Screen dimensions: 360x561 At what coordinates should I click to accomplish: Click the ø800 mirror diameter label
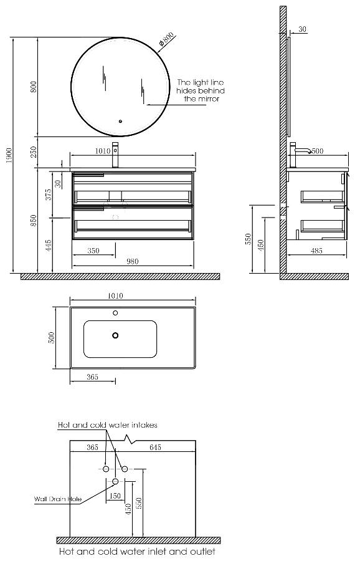(166, 39)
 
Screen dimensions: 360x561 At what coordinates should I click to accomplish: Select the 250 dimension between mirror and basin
(34, 152)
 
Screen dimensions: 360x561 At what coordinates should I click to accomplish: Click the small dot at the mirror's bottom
(120, 121)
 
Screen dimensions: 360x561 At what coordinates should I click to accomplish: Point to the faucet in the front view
(115, 155)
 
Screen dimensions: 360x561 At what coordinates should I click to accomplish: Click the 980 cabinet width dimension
(133, 262)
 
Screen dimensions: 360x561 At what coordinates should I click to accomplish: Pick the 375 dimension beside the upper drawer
(49, 194)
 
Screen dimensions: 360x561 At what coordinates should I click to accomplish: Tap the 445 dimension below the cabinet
(49, 246)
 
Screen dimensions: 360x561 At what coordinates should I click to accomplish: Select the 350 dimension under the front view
(93, 251)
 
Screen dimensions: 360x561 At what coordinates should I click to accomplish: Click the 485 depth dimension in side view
(316, 251)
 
